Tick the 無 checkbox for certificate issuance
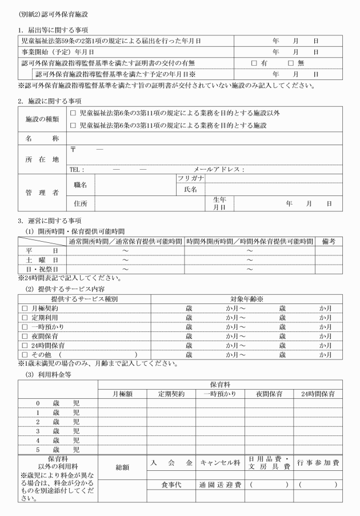(291, 63)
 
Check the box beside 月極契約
(24, 309)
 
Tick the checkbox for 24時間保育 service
(24, 346)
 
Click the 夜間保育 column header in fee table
(269, 394)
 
